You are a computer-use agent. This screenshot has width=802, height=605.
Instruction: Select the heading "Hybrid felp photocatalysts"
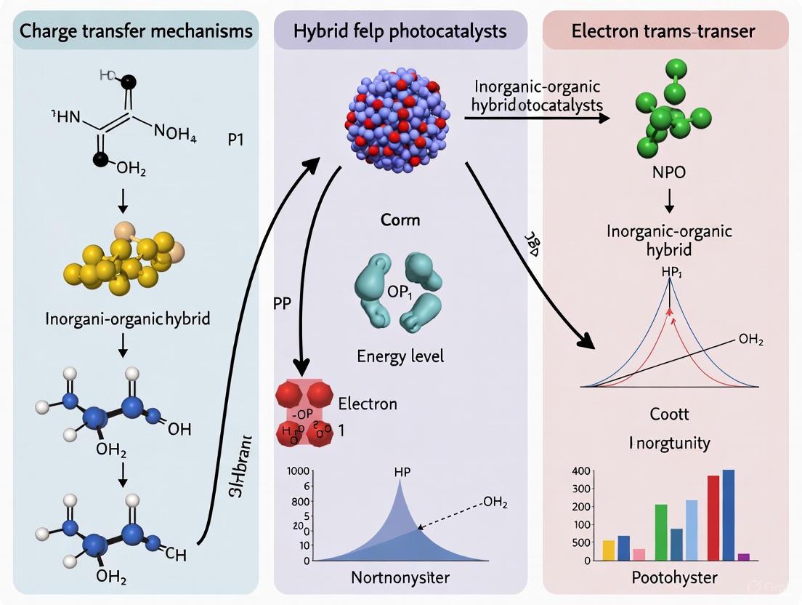click(400, 31)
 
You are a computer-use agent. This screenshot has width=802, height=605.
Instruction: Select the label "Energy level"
click(400, 356)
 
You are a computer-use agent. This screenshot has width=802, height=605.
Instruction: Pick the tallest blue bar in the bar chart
click(728, 514)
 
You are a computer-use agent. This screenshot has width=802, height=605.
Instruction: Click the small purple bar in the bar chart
click(743, 556)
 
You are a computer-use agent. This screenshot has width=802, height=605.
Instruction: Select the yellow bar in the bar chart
click(609, 550)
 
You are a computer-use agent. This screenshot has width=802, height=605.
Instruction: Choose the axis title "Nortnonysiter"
click(400, 580)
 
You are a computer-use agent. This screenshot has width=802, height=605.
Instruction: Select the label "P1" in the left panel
click(236, 140)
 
